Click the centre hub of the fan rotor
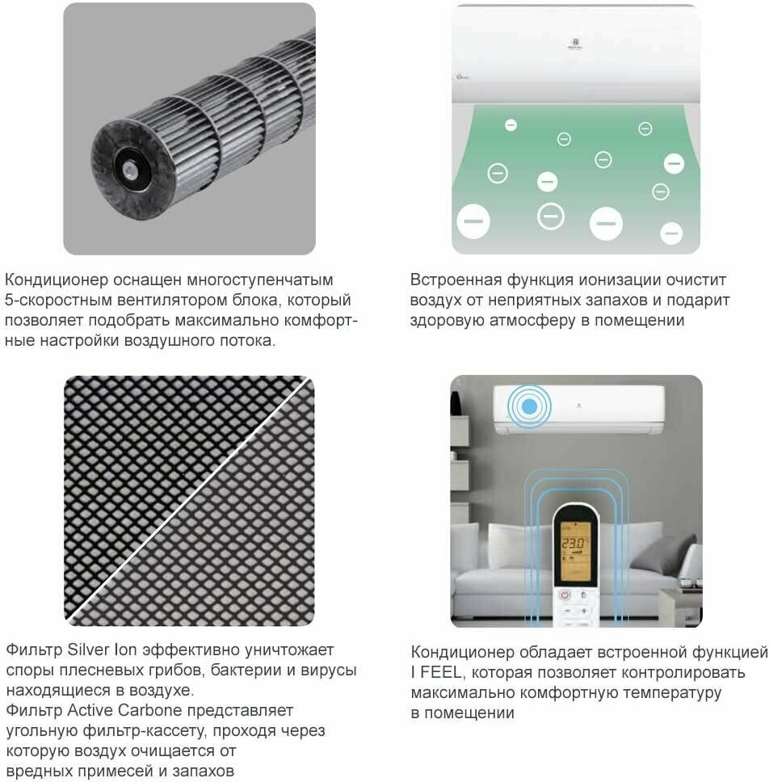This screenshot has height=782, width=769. click(131, 170)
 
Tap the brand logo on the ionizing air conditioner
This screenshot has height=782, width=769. click(575, 44)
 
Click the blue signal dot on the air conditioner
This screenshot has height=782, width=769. click(529, 406)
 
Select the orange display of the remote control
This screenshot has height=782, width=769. click(575, 551)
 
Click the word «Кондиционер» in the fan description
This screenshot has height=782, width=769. click(57, 280)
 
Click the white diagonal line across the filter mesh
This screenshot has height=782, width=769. click(189, 501)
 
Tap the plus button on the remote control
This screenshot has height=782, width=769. click(583, 611)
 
